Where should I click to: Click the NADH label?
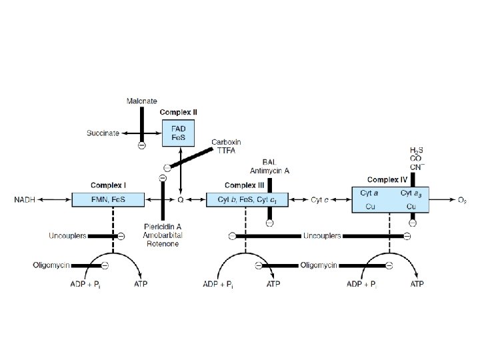25,199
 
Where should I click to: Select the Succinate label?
103,133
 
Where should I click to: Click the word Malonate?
142,101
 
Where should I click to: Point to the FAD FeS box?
178,133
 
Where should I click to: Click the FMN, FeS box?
108,199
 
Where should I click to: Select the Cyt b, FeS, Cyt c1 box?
245,199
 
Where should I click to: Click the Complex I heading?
108,185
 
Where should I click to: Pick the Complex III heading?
244,185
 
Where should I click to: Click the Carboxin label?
226,142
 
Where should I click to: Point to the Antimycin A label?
269,170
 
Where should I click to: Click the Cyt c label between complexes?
321,199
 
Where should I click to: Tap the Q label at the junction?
180,199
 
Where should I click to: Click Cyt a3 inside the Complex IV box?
411,193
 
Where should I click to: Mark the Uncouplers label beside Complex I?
66,235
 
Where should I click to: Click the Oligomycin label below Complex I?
51,265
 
